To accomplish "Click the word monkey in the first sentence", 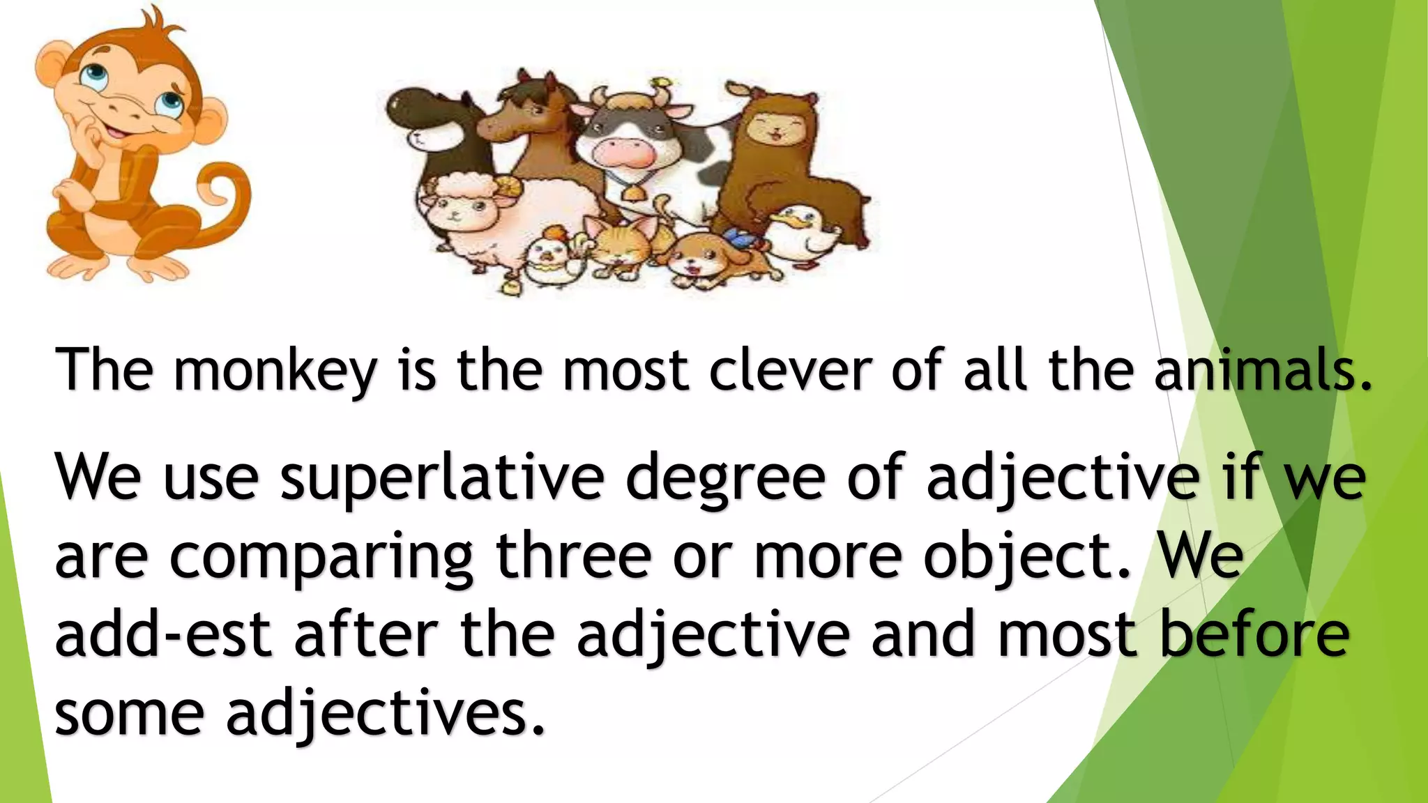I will tap(275, 371).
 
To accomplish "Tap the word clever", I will tap(790, 369).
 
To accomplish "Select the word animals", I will tap(1262, 369).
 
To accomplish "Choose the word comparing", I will tap(321, 558).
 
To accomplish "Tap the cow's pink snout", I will tap(626, 151).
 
